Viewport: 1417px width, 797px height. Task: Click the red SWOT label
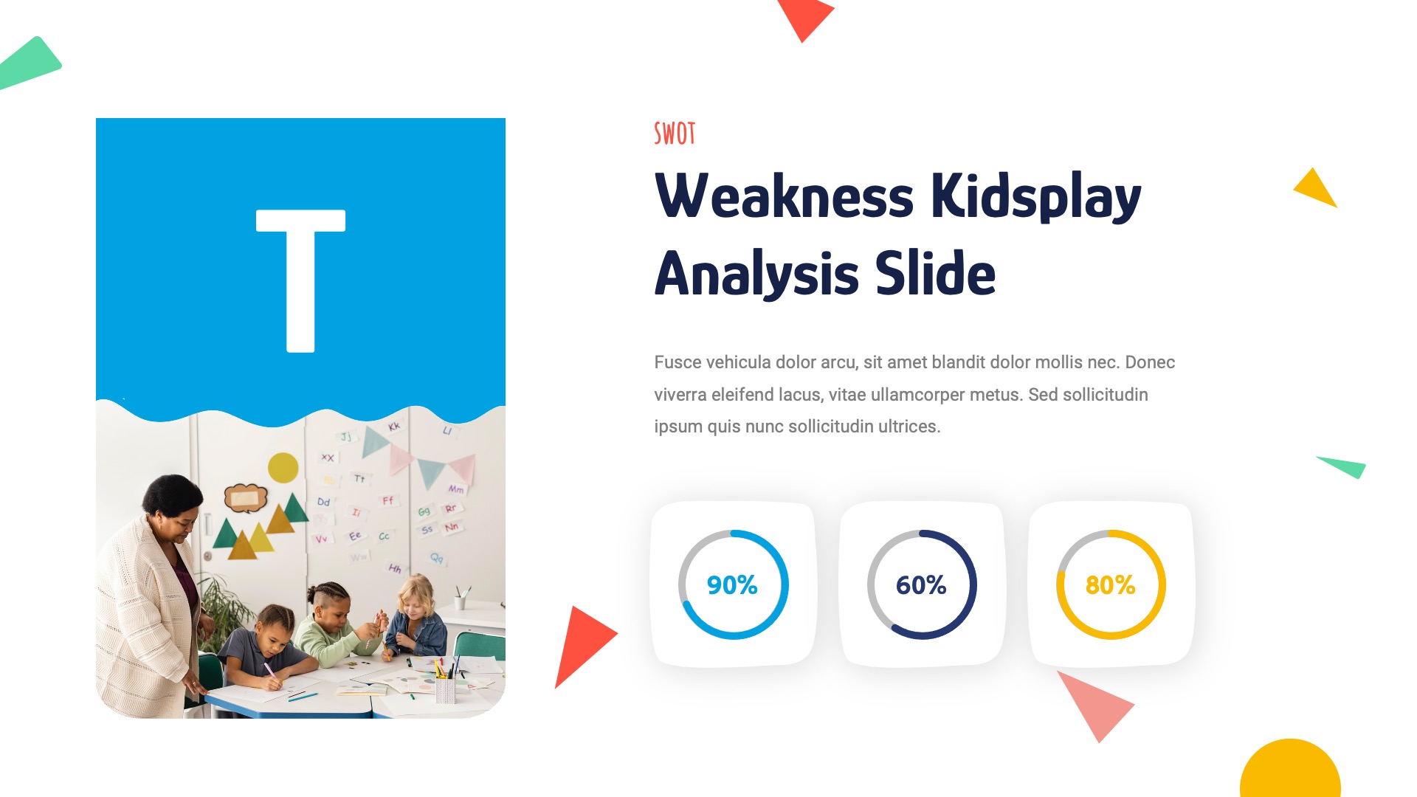675,134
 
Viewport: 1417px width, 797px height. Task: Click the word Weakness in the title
784,197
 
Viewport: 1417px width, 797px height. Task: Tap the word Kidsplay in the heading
1035,197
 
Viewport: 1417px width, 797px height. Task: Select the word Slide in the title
935,274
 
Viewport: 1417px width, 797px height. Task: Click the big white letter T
300,280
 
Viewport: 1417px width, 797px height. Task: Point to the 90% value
732,585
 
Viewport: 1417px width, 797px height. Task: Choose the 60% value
921,585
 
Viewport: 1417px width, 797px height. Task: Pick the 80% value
1110,585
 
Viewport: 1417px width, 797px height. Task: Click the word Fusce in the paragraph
677,362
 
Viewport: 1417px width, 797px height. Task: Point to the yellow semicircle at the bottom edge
1290,771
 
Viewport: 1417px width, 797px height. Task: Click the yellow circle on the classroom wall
283,467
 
